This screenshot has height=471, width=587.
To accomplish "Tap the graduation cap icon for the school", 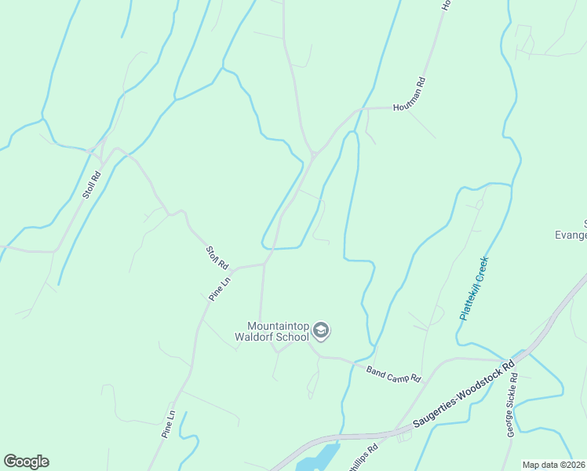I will click(320, 331).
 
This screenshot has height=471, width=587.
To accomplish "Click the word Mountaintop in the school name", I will click(278, 326).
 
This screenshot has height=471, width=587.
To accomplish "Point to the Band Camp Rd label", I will click(393, 373).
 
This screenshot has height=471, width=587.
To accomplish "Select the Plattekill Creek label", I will click(474, 288).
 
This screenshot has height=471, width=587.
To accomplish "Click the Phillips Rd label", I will click(363, 457).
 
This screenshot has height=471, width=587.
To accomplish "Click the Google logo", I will click(26, 462).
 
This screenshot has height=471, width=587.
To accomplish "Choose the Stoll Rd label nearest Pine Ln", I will click(217, 257).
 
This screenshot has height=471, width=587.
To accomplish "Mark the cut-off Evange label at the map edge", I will click(571, 235).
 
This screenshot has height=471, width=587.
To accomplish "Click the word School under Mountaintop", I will click(293, 338).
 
